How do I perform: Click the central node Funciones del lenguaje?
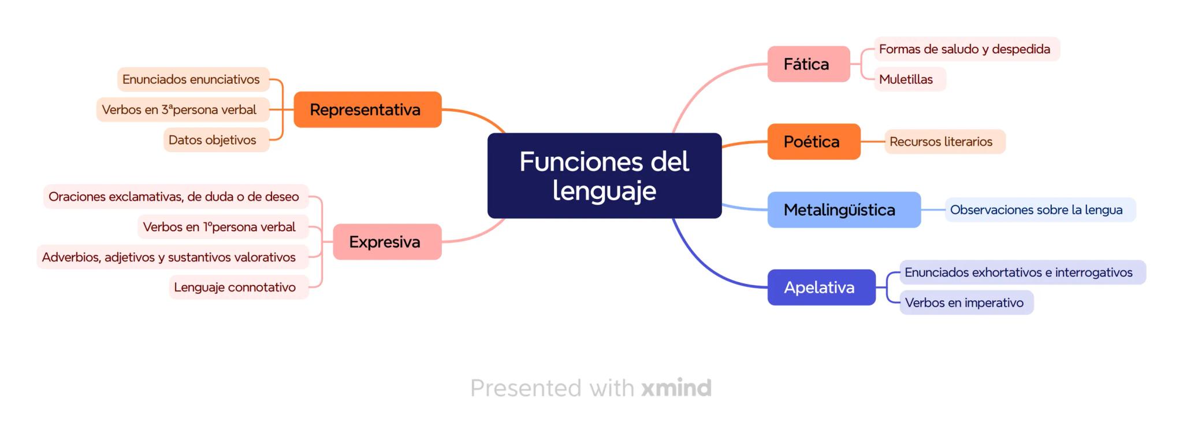pos(604,176)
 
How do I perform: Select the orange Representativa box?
pos(367,109)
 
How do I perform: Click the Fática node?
pos(808,64)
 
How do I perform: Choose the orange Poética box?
pos(813,142)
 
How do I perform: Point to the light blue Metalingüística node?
pos(843,210)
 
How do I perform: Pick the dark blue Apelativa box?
pos(821,287)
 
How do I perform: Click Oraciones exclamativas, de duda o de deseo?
pos(175,197)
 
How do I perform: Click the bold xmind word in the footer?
pos(676,388)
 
